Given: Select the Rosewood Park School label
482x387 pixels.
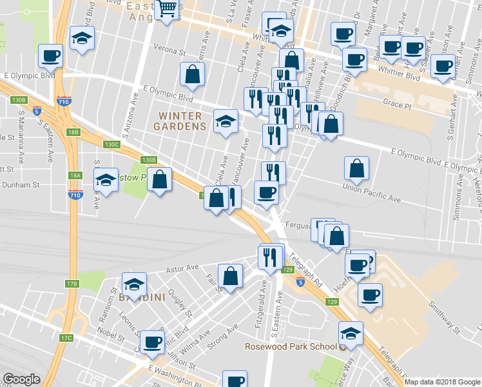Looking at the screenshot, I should point(291,346).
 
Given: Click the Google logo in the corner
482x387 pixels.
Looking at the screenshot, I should point(21,379).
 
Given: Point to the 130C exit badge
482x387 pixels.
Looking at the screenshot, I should point(112,144).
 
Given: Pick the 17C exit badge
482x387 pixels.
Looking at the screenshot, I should point(66,338).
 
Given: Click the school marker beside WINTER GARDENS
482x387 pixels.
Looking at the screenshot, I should point(226,121).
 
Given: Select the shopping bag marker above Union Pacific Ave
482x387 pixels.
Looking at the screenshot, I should point(356,168).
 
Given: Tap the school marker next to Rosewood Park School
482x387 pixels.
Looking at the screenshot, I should point(350,333).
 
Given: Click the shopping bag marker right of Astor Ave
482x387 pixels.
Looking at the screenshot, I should point(230,276).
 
